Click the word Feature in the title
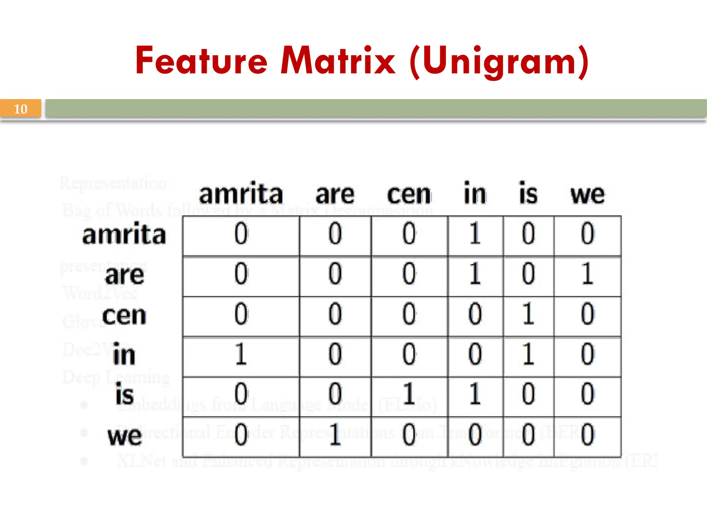coord(201,61)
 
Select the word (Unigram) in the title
coord(499,62)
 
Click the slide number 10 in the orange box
coord(20,109)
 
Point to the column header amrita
coord(241,194)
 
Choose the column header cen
coord(409,195)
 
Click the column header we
coord(587,195)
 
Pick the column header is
coord(528,194)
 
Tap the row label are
coord(124,276)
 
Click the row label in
coord(124,354)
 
